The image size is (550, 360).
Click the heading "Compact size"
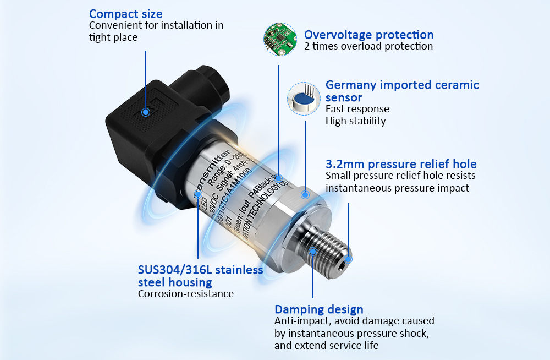(125, 14)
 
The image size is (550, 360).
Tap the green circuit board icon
(278, 39)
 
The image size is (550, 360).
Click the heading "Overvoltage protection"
(369, 35)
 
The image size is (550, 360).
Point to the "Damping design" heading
(318, 309)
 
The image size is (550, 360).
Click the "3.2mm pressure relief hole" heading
(401, 164)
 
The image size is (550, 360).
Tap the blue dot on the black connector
(146, 112)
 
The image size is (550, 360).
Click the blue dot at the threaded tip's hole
(348, 259)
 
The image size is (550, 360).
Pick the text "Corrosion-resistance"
(185, 294)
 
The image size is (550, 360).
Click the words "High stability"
(355, 121)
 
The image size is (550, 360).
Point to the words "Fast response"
(357, 109)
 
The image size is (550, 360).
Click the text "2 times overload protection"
(369, 46)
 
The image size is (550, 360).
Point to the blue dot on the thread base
(313, 252)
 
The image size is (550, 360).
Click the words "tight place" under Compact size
(113, 37)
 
